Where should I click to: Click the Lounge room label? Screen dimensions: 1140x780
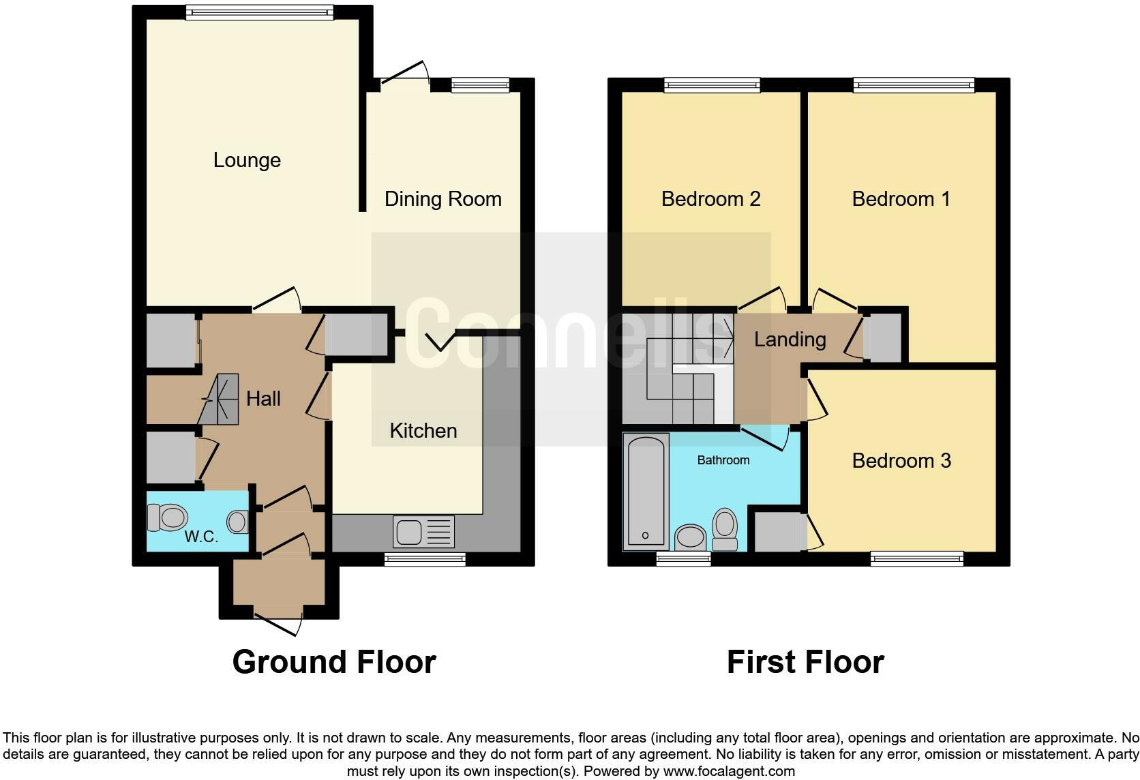[x=247, y=160]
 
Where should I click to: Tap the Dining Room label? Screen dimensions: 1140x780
[x=442, y=199]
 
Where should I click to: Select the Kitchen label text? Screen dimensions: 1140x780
[x=423, y=431]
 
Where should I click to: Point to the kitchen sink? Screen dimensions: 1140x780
[x=423, y=532]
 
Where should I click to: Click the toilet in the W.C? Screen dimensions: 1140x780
[x=168, y=517]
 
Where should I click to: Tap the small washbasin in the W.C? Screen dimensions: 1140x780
[x=238, y=522]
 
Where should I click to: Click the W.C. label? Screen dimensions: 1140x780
[x=201, y=537]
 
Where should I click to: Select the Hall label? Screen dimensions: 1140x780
[x=263, y=399]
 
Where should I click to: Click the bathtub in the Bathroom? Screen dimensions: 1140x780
[x=646, y=492]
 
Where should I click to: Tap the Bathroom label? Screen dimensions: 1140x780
[x=723, y=460]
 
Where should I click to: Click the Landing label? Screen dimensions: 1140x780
[x=790, y=340]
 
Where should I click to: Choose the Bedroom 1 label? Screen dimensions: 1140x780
[x=901, y=199]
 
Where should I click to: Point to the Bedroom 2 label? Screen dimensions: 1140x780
[x=711, y=199]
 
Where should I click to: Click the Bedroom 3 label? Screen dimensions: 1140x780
[x=901, y=461]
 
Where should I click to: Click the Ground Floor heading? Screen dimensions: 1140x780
[x=334, y=662]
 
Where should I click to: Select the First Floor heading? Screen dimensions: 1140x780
[x=806, y=662]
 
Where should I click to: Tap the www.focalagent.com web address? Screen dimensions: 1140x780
[x=730, y=771]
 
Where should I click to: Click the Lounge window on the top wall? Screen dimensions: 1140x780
[x=260, y=12]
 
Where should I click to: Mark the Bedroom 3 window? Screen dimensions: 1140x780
[x=917, y=559]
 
